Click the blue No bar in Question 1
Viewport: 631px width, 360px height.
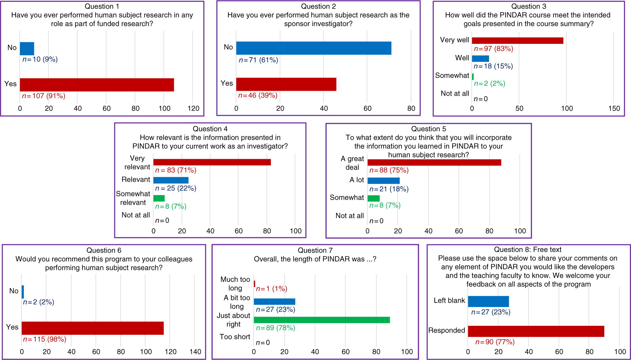27,48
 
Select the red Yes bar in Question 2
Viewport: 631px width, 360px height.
286,84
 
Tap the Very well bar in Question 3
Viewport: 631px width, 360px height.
517,40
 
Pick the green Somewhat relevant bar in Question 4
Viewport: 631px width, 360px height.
159,198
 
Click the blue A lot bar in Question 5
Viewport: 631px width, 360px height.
383,181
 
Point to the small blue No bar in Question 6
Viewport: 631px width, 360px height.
23,292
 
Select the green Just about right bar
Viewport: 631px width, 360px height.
321,320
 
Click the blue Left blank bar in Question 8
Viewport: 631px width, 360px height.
488,301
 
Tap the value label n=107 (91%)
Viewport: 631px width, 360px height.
44,96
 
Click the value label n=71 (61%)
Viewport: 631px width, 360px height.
258,60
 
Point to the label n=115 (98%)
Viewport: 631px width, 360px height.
45,339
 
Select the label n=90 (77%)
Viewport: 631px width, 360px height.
495,342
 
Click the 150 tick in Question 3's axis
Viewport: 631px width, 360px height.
614,108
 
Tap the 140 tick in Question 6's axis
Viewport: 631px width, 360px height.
195,352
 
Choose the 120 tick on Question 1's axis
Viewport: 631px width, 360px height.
194,108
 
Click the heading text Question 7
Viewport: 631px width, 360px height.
315,250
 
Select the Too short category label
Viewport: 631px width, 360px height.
235,337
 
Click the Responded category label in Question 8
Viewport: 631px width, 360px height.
447,330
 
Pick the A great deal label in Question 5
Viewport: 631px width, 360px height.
352,163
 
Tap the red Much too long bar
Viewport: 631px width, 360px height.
254,284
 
